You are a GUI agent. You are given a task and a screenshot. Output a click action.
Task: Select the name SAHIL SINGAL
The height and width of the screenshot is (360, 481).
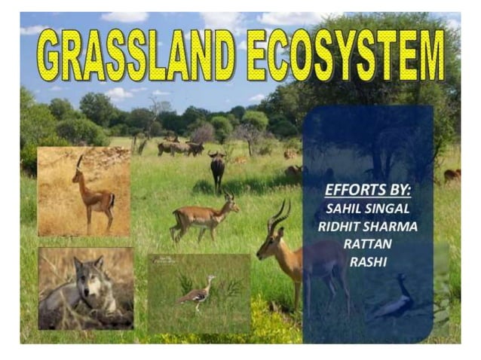pyautogui.click(x=368, y=207)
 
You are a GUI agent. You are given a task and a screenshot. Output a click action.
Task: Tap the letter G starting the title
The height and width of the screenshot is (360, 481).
pyautogui.click(x=51, y=55)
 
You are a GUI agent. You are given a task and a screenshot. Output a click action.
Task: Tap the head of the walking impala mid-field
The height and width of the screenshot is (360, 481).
pyautogui.click(x=229, y=202)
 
